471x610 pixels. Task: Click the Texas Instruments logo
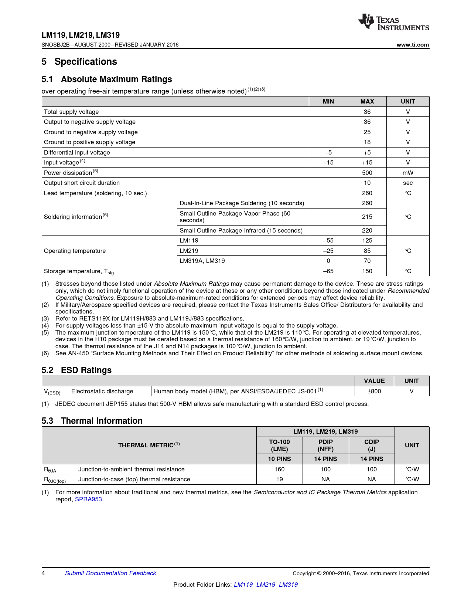click(393, 23)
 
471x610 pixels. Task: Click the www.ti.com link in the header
click(413, 45)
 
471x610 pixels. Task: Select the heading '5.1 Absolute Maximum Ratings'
click(107, 79)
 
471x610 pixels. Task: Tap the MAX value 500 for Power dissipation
click(367, 173)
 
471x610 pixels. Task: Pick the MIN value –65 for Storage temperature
click(328, 271)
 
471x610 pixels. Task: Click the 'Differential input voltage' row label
click(77, 152)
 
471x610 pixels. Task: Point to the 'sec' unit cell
click(408, 183)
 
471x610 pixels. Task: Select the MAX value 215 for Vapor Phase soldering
click(367, 217)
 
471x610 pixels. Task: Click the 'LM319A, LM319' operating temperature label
click(202, 261)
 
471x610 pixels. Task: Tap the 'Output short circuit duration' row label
click(82, 183)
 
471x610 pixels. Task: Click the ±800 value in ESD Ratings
click(374, 391)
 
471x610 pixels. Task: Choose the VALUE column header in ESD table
click(374, 381)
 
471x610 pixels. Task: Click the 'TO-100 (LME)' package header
click(279, 445)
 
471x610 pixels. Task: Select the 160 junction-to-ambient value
click(279, 469)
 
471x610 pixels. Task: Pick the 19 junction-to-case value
click(279, 479)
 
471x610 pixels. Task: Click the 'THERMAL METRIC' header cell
click(149, 445)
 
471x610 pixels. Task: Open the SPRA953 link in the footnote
click(88, 499)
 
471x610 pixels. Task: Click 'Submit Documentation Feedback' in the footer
click(110, 573)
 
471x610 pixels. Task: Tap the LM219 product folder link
click(266, 584)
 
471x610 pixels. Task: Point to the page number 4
click(44, 573)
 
